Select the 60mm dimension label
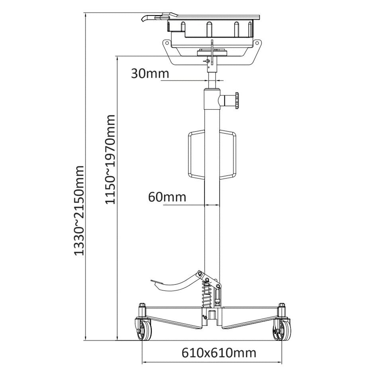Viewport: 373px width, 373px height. point(167,197)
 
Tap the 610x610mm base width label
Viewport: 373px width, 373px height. point(219,353)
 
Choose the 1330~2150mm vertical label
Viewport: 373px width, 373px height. point(79,210)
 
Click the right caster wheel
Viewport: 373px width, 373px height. point(283,330)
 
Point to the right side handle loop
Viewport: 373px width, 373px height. point(228,155)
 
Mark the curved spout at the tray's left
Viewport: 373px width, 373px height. point(148,19)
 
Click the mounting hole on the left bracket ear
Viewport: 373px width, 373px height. point(167,43)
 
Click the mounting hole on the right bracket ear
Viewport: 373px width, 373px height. point(257,43)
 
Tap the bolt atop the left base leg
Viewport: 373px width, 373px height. point(142,305)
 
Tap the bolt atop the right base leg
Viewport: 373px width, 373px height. point(282,305)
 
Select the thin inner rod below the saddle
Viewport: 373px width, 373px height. point(212,80)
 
